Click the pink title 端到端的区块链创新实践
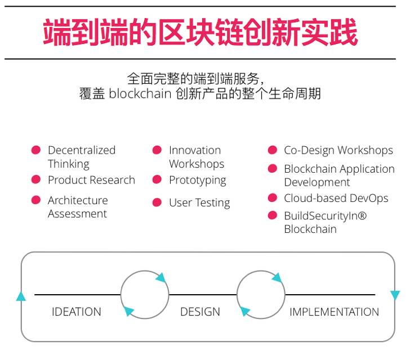point(200,33)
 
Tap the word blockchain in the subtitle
point(140,93)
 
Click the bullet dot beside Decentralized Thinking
point(36,150)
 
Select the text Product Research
point(91,180)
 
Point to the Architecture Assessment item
point(78,207)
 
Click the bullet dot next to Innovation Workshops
point(157,150)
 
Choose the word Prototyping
point(197,181)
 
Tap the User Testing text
point(199,203)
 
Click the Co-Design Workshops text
point(338,150)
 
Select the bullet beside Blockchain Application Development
point(273,169)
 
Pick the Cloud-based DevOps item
point(336,198)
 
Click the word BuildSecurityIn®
point(325,215)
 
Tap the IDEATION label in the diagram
point(77,312)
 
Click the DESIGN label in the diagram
point(200,312)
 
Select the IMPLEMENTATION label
point(334,312)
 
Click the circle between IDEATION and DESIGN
point(145,294)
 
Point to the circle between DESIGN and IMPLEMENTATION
point(261,294)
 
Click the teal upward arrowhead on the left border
point(21,296)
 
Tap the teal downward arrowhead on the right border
point(395,295)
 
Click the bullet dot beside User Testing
point(157,202)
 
